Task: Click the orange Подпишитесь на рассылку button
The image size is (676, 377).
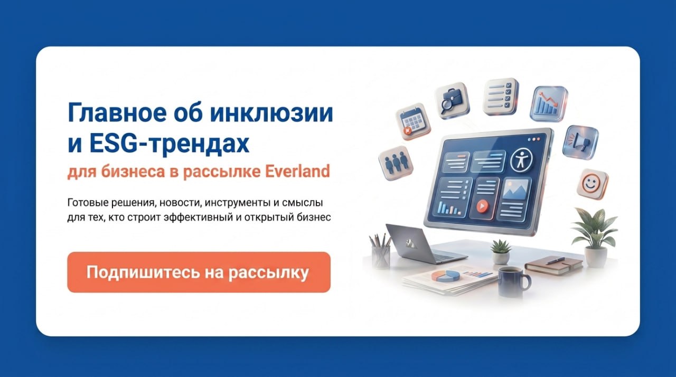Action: click(x=199, y=272)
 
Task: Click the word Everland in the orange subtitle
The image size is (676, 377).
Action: click(x=297, y=171)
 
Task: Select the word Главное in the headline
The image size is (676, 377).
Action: click(x=117, y=113)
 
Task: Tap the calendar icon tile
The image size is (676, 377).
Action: click(x=413, y=121)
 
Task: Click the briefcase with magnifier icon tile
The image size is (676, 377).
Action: click(x=452, y=100)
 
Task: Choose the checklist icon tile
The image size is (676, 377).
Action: click(x=501, y=97)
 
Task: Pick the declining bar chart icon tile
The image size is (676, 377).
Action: click(x=549, y=103)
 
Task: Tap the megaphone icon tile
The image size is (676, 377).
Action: click(x=580, y=143)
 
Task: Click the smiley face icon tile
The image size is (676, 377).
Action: click(x=593, y=184)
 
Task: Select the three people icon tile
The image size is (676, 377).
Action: click(x=396, y=163)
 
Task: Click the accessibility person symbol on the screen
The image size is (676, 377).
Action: click(x=521, y=160)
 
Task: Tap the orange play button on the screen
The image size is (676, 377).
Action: click(x=482, y=206)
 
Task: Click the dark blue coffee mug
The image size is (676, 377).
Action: click(x=513, y=281)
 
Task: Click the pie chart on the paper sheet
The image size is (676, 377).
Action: click(x=445, y=276)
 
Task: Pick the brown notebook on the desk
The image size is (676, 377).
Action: click(x=554, y=266)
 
